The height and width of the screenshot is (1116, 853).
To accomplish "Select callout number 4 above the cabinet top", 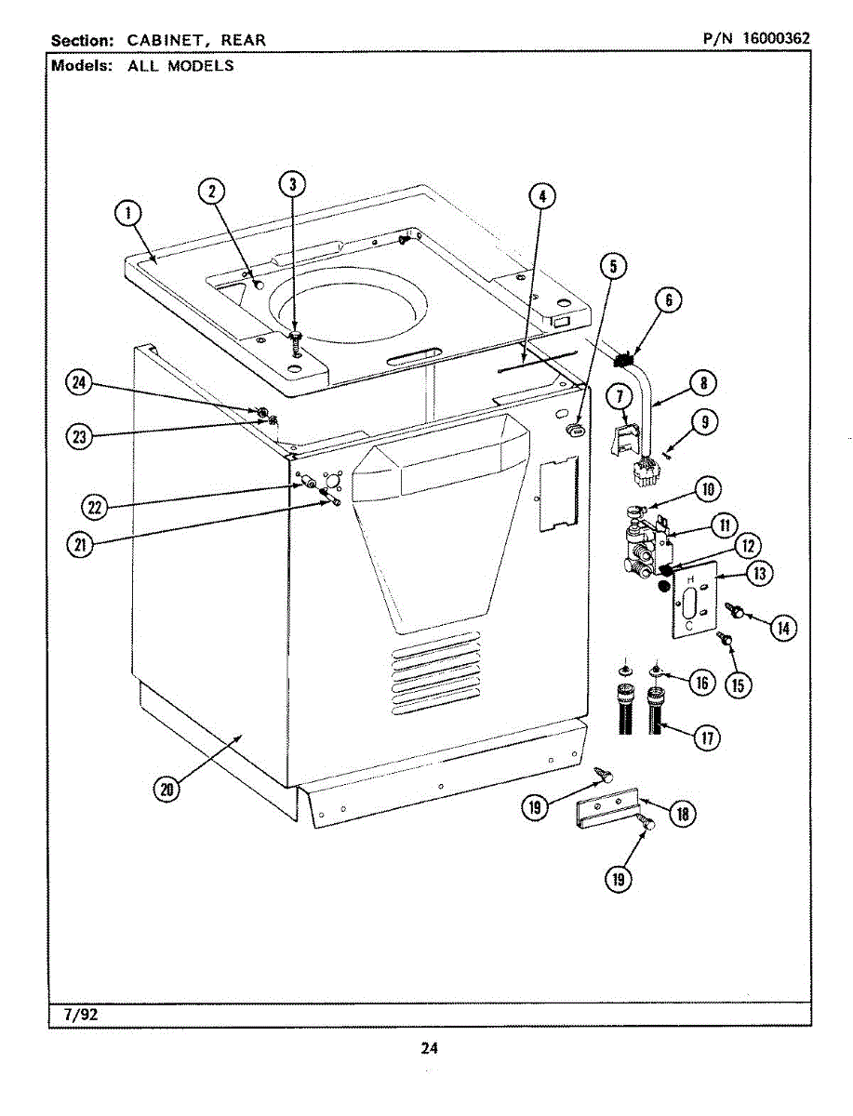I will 542,195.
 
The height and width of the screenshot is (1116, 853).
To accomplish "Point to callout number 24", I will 80,383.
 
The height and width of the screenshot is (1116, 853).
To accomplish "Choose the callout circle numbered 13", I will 760,574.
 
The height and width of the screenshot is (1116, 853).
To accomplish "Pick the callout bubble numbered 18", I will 682,815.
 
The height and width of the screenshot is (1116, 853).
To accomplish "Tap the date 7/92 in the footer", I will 81,1015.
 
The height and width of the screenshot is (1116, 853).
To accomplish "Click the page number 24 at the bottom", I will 428,1048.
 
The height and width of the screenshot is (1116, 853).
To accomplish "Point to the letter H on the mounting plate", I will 689,578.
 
